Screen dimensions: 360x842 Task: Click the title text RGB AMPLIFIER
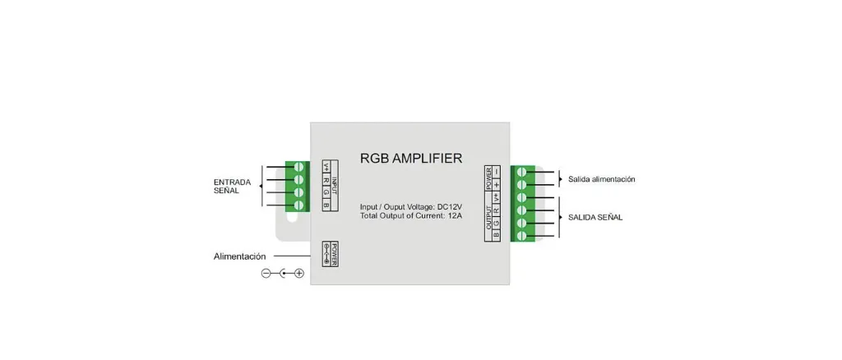411,158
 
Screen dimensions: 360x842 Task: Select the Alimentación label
240,256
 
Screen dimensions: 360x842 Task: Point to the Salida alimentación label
601,179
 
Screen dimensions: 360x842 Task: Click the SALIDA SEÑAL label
594,218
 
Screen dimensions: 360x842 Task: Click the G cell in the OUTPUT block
497,222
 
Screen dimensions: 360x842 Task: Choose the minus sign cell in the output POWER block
497,172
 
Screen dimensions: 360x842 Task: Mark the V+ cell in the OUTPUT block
497,197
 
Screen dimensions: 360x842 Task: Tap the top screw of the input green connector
298,167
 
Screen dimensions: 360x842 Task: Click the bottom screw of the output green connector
522,236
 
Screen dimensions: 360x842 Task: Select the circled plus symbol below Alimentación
299,273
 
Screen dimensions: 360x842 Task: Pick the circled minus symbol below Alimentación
266,273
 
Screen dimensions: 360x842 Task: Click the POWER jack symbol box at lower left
330,255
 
